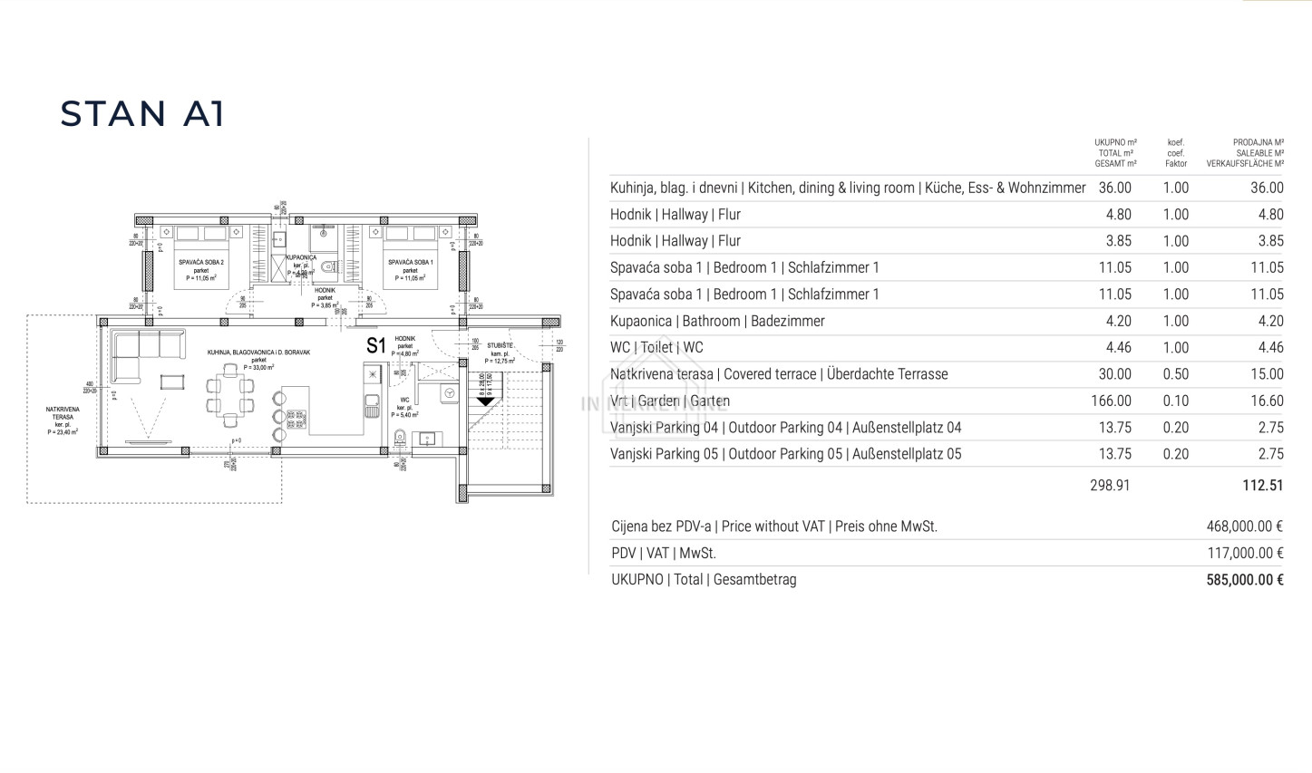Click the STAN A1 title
pyautogui.click(x=141, y=114)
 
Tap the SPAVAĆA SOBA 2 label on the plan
pyautogui.click(x=201, y=262)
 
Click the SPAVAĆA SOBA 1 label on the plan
pyautogui.click(x=410, y=262)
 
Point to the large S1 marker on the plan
pyautogui.click(x=375, y=345)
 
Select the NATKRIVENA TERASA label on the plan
pyautogui.click(x=62, y=416)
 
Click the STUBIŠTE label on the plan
pyautogui.click(x=500, y=345)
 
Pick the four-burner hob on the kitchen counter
pyautogui.click(x=296, y=418)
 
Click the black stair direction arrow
pyautogui.click(x=485, y=399)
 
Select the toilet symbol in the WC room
pyautogui.click(x=400, y=438)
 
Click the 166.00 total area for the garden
pyautogui.click(x=1111, y=401)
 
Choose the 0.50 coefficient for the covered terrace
pyautogui.click(x=1175, y=374)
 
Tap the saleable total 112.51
pyautogui.click(x=1262, y=485)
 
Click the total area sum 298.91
pyautogui.click(x=1110, y=485)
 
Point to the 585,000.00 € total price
pyautogui.click(x=1244, y=580)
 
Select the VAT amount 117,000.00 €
pyautogui.click(x=1244, y=553)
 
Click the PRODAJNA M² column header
pyautogui.click(x=1258, y=142)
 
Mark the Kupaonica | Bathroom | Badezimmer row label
pyautogui.click(x=717, y=321)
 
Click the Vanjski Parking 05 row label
pyautogui.click(x=785, y=454)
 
